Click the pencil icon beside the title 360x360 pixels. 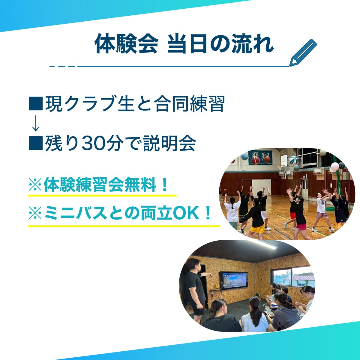303,53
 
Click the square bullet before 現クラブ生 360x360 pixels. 36,103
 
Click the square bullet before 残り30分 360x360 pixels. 36,143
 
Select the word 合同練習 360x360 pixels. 190,104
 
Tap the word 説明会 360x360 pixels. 169,143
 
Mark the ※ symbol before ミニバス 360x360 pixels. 35,213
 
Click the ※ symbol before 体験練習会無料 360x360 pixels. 35,185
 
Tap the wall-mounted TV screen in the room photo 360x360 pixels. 233,280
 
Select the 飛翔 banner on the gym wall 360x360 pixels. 260,157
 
